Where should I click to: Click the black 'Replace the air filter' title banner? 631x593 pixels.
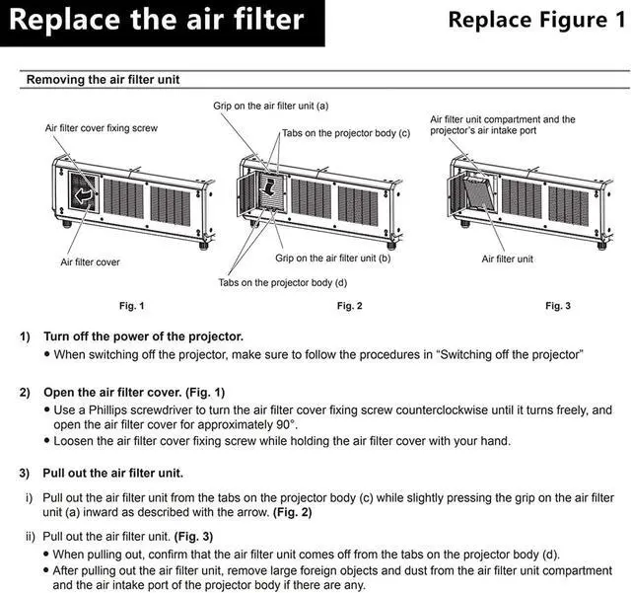click(x=161, y=22)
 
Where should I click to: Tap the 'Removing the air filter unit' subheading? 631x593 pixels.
click(x=103, y=80)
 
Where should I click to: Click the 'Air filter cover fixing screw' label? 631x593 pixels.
click(x=102, y=128)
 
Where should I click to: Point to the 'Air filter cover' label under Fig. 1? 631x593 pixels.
click(x=90, y=262)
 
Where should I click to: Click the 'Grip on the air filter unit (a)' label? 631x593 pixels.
click(x=271, y=105)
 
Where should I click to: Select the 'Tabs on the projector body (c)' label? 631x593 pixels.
click(x=346, y=133)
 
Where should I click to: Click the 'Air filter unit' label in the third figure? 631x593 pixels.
click(x=507, y=259)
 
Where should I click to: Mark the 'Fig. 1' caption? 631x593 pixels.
click(x=131, y=306)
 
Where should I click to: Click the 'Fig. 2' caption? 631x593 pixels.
click(x=350, y=306)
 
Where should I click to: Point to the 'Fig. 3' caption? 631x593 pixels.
click(x=558, y=306)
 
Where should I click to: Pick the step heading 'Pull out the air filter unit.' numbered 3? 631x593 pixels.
click(x=115, y=473)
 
